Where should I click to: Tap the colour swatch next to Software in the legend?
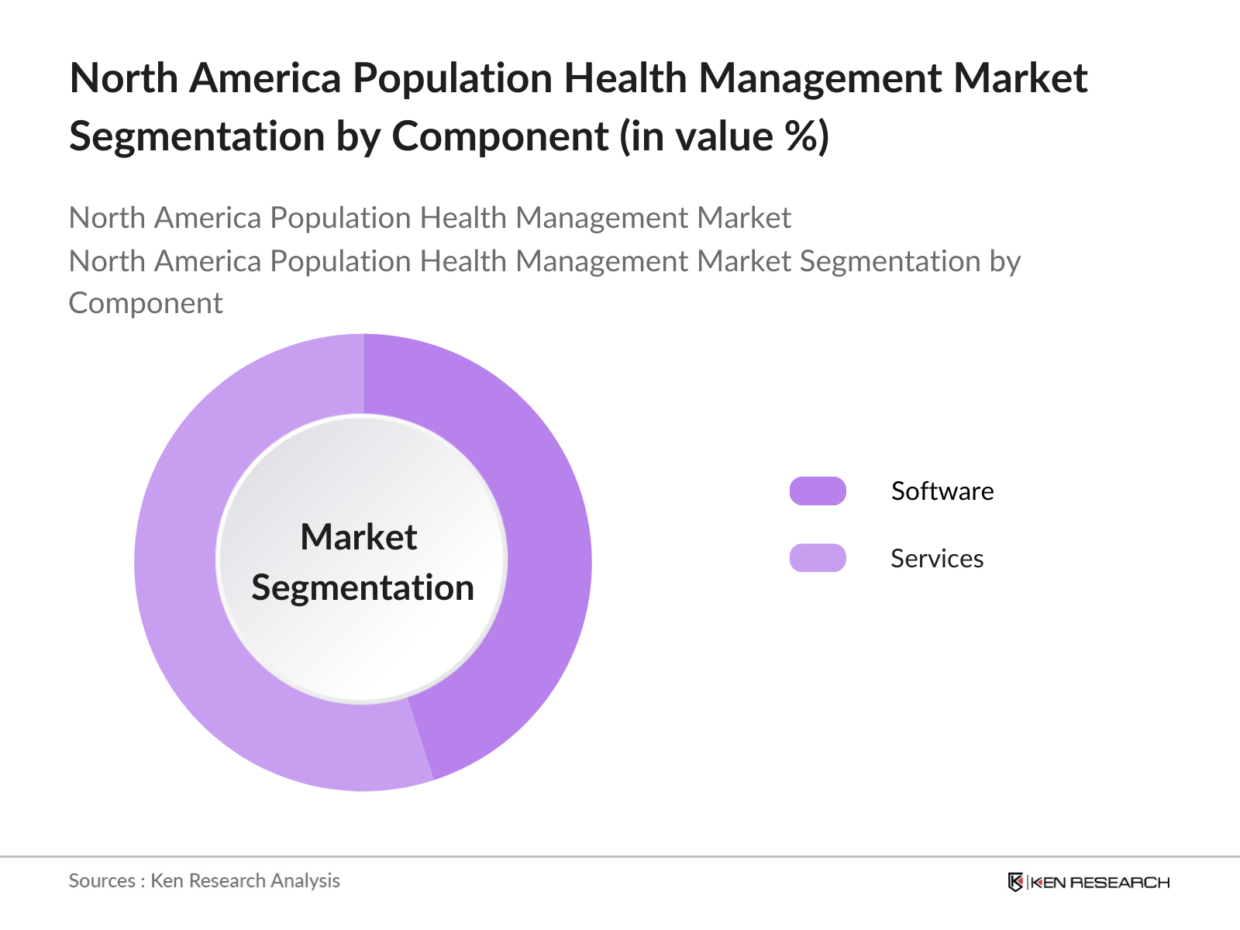pos(818,491)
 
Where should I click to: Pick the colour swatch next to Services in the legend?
pos(818,558)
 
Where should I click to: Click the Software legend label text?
pos(942,491)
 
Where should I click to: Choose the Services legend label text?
pos(936,559)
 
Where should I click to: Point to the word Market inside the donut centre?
pos(359,537)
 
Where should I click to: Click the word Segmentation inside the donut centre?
pos(363,587)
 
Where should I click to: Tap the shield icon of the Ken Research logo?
pos(1015,882)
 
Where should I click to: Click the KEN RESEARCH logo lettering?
pos(1100,882)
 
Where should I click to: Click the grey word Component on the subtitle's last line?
pos(146,303)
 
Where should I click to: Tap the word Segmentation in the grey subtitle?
pos(890,261)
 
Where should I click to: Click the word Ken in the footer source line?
pos(167,881)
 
